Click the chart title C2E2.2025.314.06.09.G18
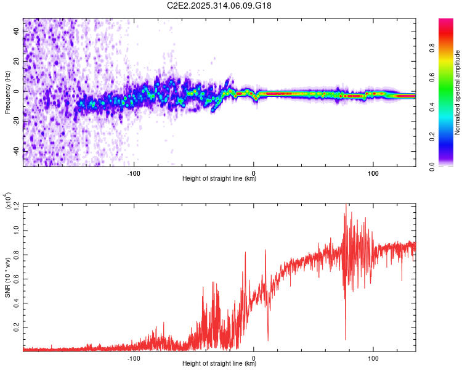(x=219, y=6)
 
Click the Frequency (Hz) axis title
(x=7, y=92)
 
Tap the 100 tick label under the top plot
(x=373, y=172)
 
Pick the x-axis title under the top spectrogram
(x=219, y=179)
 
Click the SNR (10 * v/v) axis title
(x=7, y=277)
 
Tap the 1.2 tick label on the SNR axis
(x=16, y=205)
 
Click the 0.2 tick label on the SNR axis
(x=16, y=327)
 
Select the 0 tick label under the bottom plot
(x=254, y=358)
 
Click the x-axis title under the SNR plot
(x=219, y=364)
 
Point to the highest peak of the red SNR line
(x=346, y=205)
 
